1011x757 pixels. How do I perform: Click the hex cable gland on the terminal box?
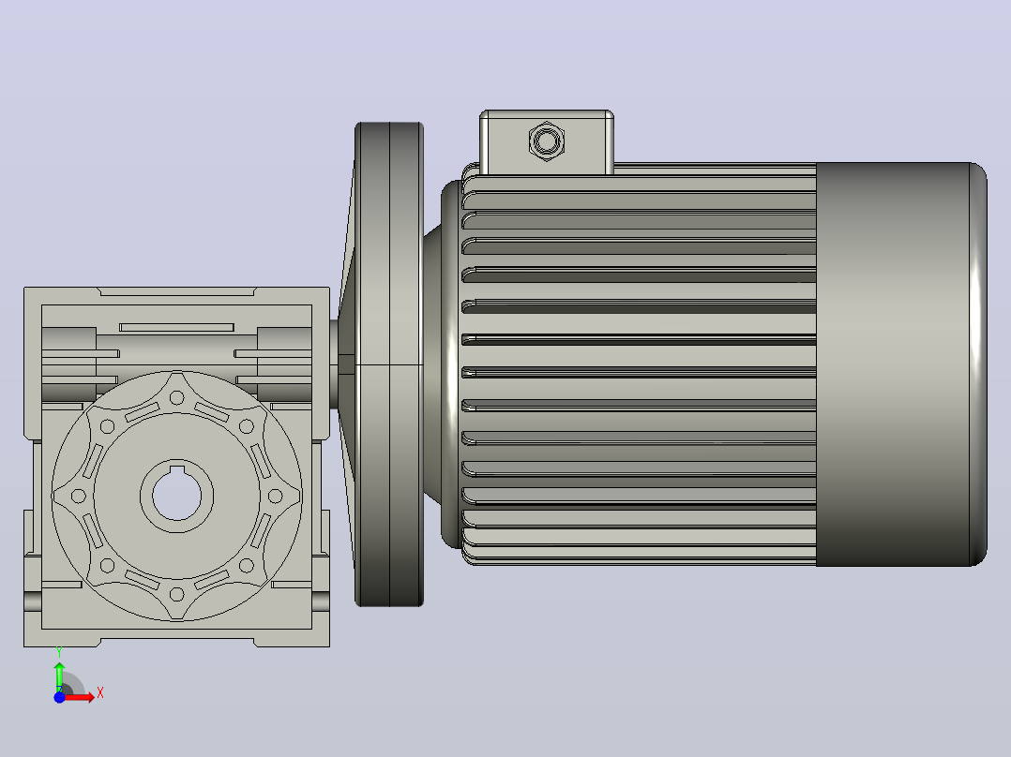[547, 141]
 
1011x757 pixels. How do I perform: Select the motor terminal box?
[547, 142]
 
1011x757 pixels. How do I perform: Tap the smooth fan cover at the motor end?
[901, 364]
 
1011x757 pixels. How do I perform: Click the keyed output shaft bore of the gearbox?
[176, 496]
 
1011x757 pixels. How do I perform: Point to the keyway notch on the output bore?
[176, 468]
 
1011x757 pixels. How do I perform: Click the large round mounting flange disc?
[389, 364]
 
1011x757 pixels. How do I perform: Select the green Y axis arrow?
[59, 676]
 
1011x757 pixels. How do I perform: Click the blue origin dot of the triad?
[59, 697]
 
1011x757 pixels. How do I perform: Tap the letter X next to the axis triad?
[100, 693]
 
